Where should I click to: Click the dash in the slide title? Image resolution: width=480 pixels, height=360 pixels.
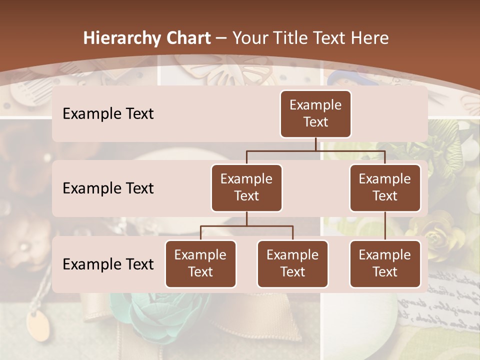221,38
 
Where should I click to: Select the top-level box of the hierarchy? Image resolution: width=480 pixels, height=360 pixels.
315,113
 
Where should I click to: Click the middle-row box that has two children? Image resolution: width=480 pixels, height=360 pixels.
246,187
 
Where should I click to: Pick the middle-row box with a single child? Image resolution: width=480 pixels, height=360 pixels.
385,187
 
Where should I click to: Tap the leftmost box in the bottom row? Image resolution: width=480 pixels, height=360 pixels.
200,263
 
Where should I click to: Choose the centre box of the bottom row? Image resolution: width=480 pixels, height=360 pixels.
292,263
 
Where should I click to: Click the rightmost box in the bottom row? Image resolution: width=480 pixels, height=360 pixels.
385,263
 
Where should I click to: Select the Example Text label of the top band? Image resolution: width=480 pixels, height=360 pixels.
108,113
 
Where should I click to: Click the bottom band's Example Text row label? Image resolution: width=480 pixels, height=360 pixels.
108,264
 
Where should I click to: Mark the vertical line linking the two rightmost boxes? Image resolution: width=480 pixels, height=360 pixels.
385,226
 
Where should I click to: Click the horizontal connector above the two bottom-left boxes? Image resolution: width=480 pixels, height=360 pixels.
246,226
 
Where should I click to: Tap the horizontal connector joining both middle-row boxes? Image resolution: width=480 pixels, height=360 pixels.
315,150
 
